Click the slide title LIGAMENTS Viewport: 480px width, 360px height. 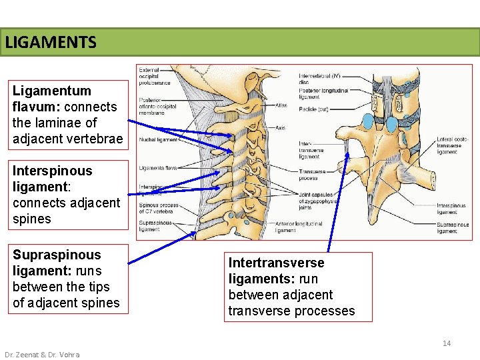coord(51,43)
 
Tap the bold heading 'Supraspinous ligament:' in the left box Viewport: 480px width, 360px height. coord(57,263)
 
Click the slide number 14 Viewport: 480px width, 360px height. coord(447,343)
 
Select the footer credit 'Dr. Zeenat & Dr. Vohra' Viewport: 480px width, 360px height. coord(42,355)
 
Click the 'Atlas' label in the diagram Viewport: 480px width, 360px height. coord(281,105)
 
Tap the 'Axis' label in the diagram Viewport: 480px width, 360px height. coord(280,127)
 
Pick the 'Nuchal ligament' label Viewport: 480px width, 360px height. coord(158,140)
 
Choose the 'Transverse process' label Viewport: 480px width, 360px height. coord(312,175)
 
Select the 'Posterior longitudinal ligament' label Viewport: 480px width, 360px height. coord(323,93)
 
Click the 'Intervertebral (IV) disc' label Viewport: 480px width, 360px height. coord(321,78)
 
